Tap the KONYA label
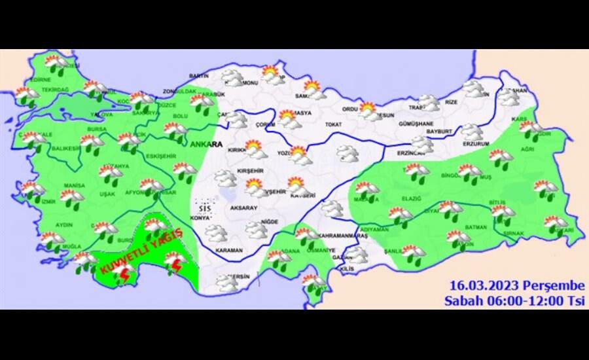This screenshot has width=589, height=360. click(201, 218)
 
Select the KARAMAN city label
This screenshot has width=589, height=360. click(229, 251)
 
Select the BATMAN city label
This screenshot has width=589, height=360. click(476, 227)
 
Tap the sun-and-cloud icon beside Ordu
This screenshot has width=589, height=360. click(369, 110)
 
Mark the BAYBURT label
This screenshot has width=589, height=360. click(439, 132)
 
